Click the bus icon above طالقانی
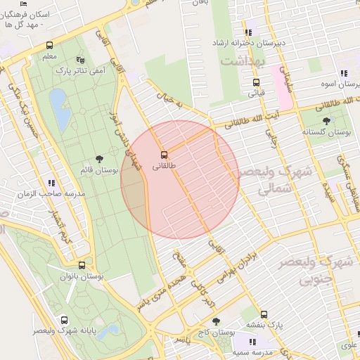point(164,155)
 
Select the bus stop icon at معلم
point(49,46)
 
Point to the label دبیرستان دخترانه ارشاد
point(250,43)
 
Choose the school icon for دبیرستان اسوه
point(343,73)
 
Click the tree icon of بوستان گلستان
point(325,121)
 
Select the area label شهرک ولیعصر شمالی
point(265,180)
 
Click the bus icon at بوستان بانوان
point(82,266)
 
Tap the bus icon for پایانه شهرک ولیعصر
point(64,319)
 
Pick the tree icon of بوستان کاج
point(215,321)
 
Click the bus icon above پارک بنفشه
point(264,314)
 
